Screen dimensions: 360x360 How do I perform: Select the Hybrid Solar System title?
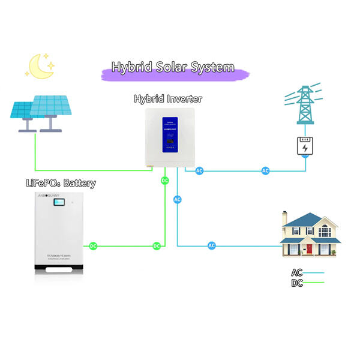[173, 68]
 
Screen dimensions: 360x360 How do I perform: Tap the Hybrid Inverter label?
[168, 99]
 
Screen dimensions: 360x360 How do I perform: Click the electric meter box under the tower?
[305, 146]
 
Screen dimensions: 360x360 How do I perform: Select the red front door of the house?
[310, 248]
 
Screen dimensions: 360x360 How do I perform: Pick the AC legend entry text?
[296, 272]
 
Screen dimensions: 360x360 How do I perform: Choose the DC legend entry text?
[296, 283]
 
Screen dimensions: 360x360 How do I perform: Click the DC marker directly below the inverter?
[164, 180]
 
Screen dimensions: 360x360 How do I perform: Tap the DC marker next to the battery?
[93, 246]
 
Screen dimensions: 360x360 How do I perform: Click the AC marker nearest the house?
[212, 245]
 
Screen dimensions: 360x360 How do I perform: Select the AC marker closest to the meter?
[266, 171]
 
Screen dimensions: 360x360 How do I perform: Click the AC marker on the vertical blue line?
[177, 199]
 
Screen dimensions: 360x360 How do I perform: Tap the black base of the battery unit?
[62, 271]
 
